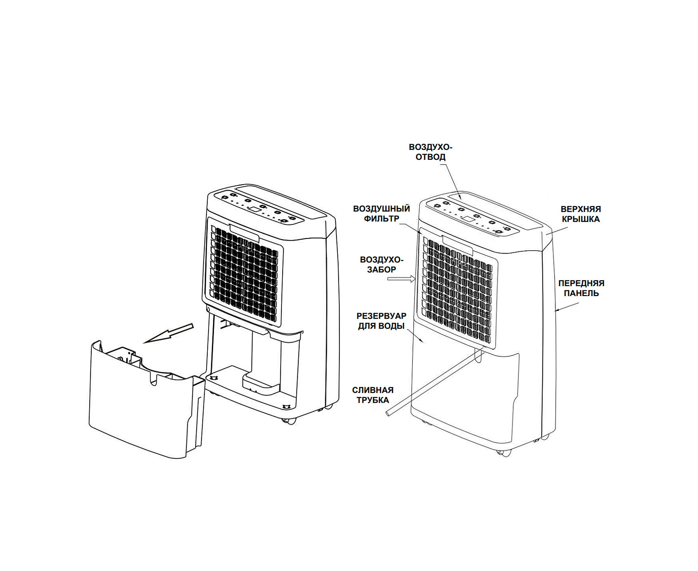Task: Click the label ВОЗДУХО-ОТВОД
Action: tap(431, 152)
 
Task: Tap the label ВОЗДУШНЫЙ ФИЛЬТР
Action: tap(382, 214)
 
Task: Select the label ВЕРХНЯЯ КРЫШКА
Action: tap(581, 214)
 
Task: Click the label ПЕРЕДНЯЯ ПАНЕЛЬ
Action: tap(582, 288)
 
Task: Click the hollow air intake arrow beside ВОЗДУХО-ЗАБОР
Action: tap(402, 279)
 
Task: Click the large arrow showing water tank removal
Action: tap(168, 333)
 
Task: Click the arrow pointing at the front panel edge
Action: tap(567, 307)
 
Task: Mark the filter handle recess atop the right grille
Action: tap(458, 245)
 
